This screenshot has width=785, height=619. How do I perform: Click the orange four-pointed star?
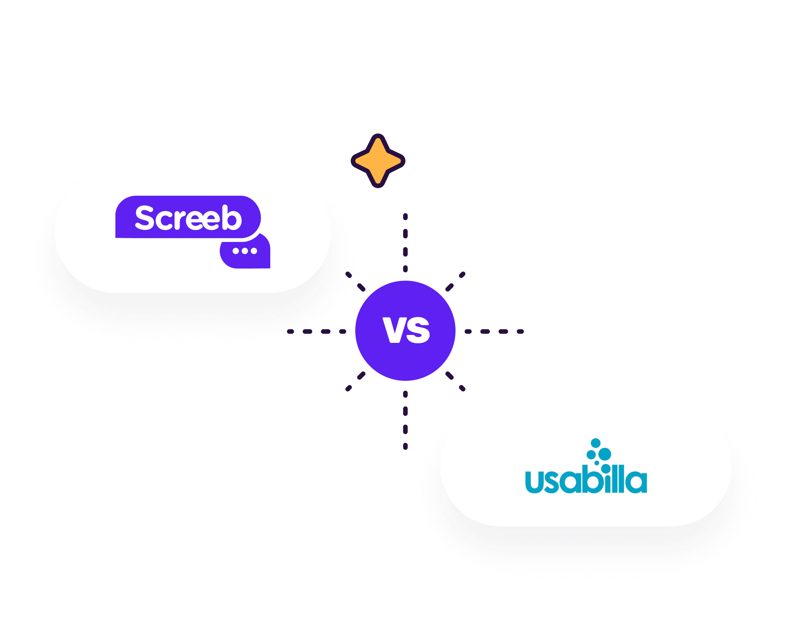click(378, 161)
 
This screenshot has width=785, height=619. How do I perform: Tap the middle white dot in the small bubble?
click(245, 251)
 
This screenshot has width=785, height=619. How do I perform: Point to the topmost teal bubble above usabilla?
click(596, 443)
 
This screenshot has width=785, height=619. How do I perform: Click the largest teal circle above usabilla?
click(604, 454)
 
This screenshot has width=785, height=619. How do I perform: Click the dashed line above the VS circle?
click(405, 243)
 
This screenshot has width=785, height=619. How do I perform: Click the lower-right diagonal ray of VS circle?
click(455, 381)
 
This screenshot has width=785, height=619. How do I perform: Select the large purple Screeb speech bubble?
click(188, 217)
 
